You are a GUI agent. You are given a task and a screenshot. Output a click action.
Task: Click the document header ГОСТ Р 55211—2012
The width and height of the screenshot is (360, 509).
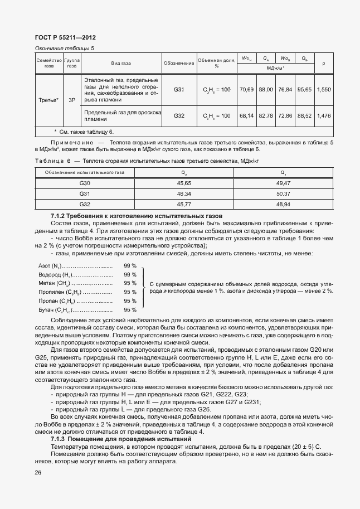point(66,37)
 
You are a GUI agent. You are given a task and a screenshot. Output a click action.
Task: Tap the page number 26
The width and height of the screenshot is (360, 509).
point(38,473)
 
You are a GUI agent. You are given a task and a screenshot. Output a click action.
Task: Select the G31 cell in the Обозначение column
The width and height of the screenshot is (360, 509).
point(178,89)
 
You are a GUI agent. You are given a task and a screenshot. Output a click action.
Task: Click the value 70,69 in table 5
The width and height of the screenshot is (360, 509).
point(246,89)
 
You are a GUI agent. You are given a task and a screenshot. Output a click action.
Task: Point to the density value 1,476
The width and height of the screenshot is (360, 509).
point(323,115)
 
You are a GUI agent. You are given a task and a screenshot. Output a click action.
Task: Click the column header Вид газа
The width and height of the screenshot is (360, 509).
point(120,64)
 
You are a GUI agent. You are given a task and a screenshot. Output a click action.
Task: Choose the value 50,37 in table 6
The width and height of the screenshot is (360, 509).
point(284,193)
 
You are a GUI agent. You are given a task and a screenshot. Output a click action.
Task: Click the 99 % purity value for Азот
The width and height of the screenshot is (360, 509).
point(130,266)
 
